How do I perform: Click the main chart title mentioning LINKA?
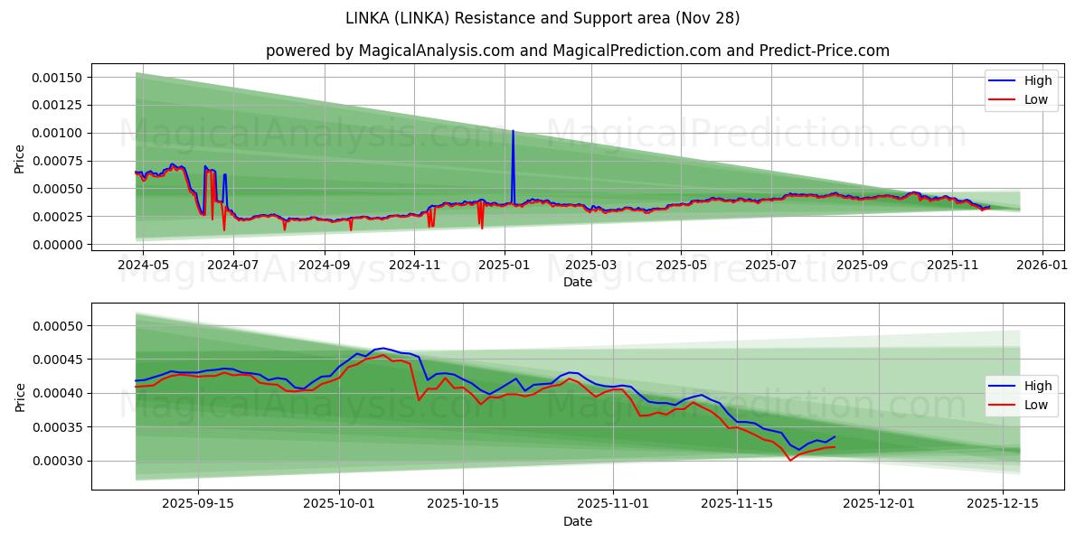click(x=542, y=18)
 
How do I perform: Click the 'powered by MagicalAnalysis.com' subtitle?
click(x=577, y=51)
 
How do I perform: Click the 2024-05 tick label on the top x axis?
click(x=144, y=266)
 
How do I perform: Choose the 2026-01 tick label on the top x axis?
click(x=1043, y=266)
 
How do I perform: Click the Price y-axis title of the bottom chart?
click(x=20, y=397)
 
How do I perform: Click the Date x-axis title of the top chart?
click(x=577, y=282)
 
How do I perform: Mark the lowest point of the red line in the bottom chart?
click(x=789, y=461)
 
